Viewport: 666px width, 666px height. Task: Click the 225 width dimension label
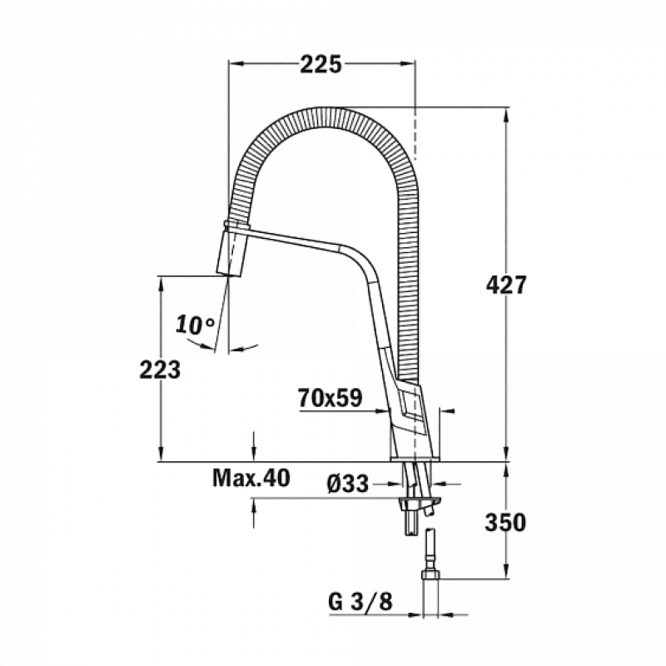[321, 65]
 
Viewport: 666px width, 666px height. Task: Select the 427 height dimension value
[506, 285]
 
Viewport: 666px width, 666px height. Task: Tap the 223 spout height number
[160, 369]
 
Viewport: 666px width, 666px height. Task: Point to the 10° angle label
[196, 325]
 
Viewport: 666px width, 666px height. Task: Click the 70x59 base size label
[330, 398]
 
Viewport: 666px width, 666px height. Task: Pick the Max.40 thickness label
[251, 478]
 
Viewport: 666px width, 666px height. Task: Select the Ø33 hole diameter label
[348, 484]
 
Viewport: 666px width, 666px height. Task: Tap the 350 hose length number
[505, 523]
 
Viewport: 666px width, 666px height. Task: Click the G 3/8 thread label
[360, 601]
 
